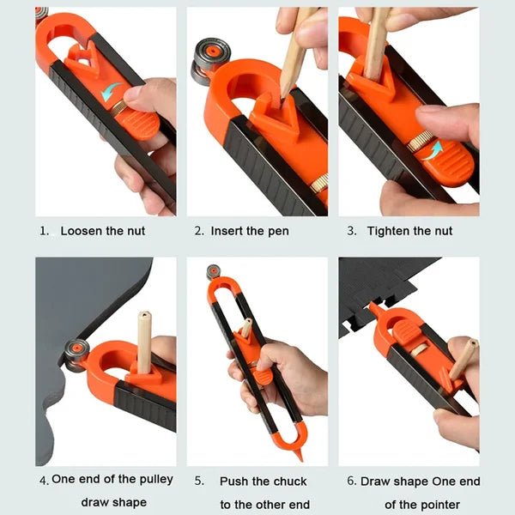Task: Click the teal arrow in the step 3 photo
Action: pyautogui.click(x=434, y=148)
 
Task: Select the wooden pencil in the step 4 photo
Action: pyautogui.click(x=143, y=343)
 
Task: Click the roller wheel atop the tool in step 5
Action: pyautogui.click(x=213, y=272)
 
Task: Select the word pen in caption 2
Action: pyautogui.click(x=276, y=231)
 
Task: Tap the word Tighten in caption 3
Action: pyautogui.click(x=391, y=231)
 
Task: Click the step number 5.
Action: pyautogui.click(x=198, y=481)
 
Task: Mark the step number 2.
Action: pyautogui.click(x=198, y=231)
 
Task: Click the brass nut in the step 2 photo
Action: pyautogui.click(x=319, y=183)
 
